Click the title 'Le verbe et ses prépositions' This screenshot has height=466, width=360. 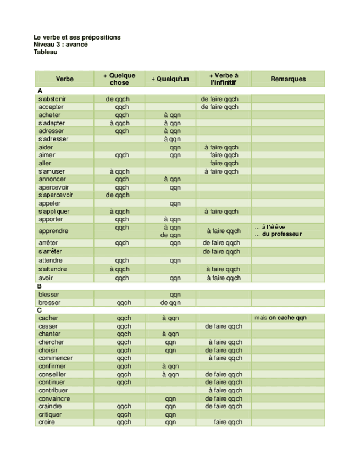77,37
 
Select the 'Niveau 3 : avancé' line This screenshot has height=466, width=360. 60,45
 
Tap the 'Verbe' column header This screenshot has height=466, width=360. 64,79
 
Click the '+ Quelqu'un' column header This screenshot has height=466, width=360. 170,79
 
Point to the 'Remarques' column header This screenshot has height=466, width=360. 288,79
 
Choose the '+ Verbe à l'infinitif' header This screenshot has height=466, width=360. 224,79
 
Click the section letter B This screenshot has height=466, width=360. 40,286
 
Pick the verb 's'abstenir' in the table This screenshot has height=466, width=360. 52,99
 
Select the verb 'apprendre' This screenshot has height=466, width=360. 54,231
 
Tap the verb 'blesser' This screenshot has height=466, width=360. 49,295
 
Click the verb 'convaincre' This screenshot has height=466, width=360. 54,398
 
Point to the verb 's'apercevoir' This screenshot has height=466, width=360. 56,195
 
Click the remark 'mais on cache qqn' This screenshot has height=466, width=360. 281,318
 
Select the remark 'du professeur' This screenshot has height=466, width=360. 282,234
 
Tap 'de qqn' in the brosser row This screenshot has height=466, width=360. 170,303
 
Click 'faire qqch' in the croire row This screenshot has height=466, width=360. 228,423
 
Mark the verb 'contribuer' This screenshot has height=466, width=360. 54,390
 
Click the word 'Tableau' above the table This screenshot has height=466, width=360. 46,53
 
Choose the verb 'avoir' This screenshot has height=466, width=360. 46,278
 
